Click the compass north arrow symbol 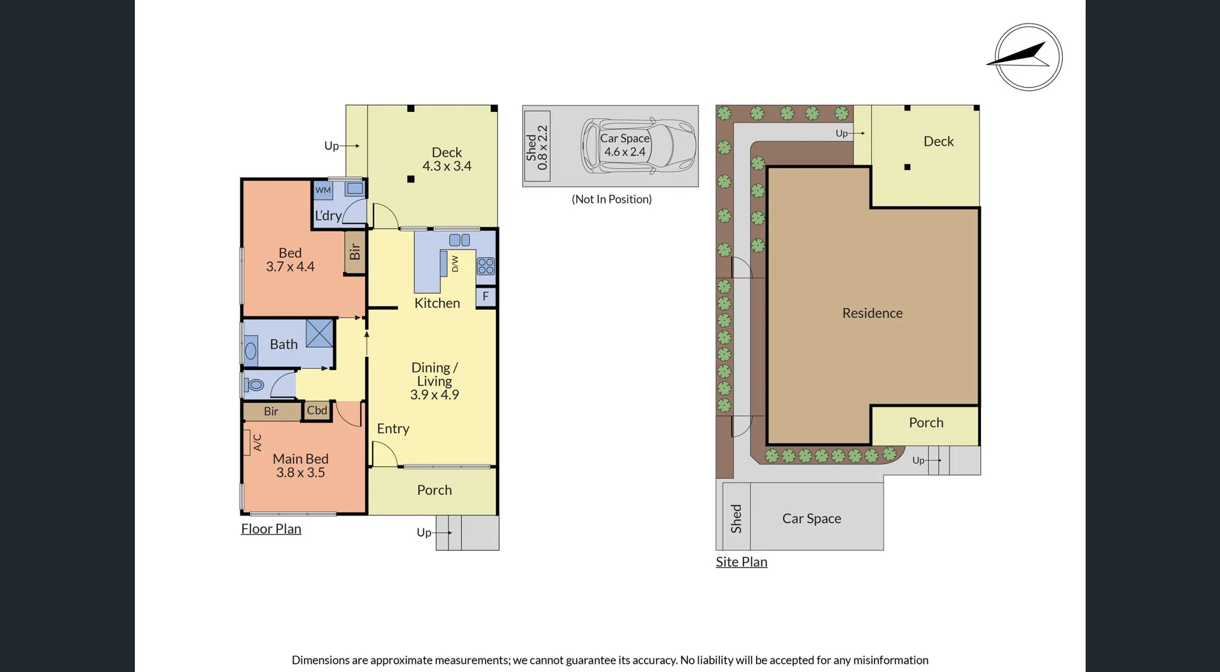tap(1028, 57)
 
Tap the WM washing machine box tap(323, 190)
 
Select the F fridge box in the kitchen tap(486, 296)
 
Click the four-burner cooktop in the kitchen tap(486, 266)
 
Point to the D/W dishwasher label tap(455, 264)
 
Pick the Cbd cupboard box tap(317, 411)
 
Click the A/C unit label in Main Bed tap(257, 442)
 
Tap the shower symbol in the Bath tap(319, 333)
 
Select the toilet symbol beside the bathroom tap(255, 385)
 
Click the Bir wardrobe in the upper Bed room tap(355, 252)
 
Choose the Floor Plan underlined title tap(271, 529)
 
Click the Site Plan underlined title tap(742, 562)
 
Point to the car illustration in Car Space tap(639, 146)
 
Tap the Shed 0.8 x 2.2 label tap(537, 147)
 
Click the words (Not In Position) tap(612, 199)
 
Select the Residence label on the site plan tap(873, 313)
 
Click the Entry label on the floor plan tap(393, 429)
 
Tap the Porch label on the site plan tap(926, 423)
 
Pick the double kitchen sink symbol tap(459, 240)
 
